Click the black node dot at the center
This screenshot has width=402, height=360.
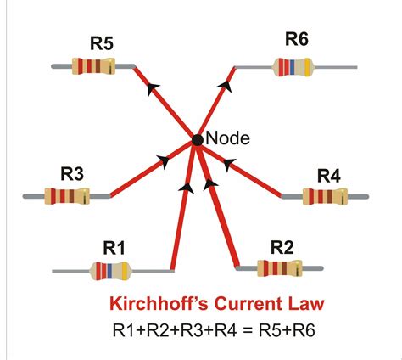coord(197,139)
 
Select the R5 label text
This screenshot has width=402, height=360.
coord(102,42)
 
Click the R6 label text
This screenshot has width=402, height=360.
coord(297,38)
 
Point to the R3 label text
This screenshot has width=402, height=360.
coord(72,174)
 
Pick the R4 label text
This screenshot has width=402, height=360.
coord(329,176)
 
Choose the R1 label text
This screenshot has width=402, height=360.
coord(114,247)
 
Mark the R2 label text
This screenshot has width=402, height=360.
coord(282,246)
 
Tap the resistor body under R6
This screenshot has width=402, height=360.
coord(298,64)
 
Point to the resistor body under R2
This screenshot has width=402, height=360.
coord(280,268)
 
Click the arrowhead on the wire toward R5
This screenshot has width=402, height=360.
coord(153,87)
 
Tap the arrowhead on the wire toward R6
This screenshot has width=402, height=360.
coord(226,86)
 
